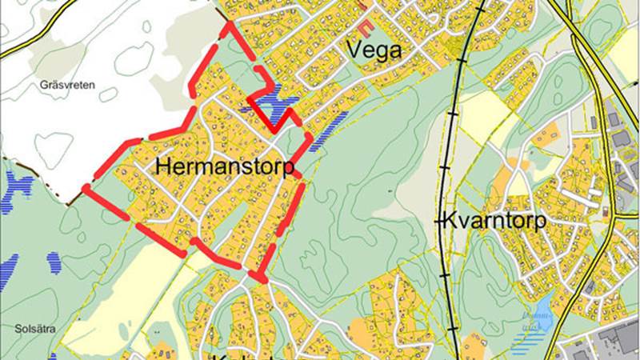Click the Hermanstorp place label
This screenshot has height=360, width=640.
[224, 166]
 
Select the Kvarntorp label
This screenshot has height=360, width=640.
[491, 220]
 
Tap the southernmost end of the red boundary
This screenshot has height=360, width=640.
[261, 277]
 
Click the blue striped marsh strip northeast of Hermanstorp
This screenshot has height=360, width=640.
[328, 128]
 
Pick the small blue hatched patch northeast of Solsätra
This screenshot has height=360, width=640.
[54, 261]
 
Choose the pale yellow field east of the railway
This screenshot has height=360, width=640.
[480, 112]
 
